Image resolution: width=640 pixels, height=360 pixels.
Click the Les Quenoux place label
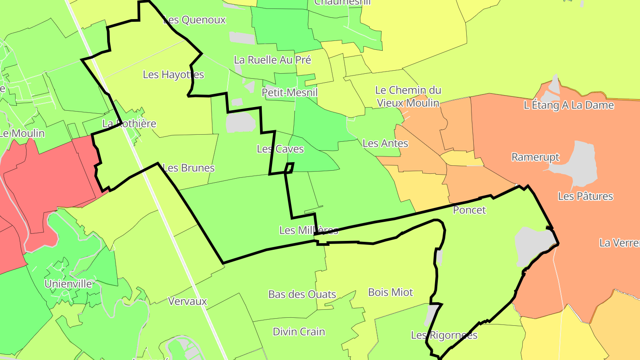[195, 20]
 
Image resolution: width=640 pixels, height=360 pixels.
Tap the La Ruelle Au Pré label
[272, 60]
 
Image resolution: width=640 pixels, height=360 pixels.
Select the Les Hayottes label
[173, 75]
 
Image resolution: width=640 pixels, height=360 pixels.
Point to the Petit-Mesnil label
[290, 92]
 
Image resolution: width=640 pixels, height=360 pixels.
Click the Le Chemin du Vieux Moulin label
[408, 96]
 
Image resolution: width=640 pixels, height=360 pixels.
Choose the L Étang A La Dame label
[569, 105]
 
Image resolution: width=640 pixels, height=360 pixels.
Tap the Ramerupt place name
[535, 157]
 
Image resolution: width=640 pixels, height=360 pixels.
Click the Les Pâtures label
[585, 196]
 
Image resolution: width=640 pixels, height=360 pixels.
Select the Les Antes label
[385, 143]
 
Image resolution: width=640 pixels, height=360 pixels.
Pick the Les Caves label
[280, 149]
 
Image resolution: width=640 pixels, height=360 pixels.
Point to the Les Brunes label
[188, 168]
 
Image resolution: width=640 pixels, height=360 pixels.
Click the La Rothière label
[129, 124]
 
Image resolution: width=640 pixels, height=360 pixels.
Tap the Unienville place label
[68, 284]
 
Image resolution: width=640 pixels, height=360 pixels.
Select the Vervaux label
[188, 301]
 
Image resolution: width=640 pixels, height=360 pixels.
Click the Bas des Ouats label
[302, 294]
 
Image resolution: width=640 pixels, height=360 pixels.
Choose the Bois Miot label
[390, 292]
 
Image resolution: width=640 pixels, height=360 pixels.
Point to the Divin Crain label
[299, 332]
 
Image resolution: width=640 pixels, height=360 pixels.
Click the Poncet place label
[469, 210]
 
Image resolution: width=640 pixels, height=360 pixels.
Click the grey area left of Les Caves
[240, 122]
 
